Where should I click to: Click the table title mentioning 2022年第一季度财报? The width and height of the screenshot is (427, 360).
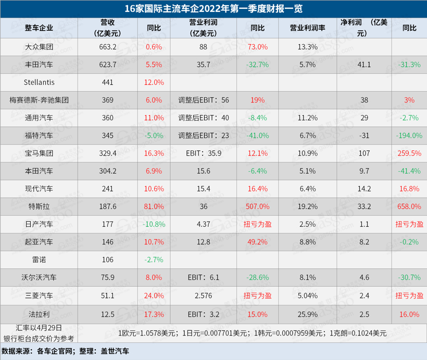(213, 9)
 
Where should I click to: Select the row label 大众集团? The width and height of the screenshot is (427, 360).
(39, 47)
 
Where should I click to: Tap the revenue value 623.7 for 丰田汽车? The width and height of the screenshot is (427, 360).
(108, 65)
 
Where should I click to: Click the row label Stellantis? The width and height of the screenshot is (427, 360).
(39, 82)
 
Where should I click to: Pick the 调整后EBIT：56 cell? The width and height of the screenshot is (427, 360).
(204, 100)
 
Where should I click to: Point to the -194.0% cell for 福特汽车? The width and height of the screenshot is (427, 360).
(409, 135)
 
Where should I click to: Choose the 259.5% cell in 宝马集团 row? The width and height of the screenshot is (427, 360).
(409, 153)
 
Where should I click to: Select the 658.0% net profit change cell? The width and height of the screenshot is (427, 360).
(409, 206)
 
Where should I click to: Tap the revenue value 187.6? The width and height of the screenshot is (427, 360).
(108, 206)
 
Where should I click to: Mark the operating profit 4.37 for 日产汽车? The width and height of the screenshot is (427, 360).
(203, 224)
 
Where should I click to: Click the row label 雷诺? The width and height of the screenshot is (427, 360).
(39, 259)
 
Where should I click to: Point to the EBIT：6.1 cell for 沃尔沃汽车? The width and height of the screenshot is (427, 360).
(203, 277)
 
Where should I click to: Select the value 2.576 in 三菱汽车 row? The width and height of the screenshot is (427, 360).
(203, 295)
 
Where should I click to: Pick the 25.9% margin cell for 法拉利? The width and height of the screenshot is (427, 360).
(308, 314)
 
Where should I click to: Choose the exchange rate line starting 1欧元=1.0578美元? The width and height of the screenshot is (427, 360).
(252, 332)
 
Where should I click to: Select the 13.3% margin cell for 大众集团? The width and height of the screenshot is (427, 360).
(308, 47)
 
